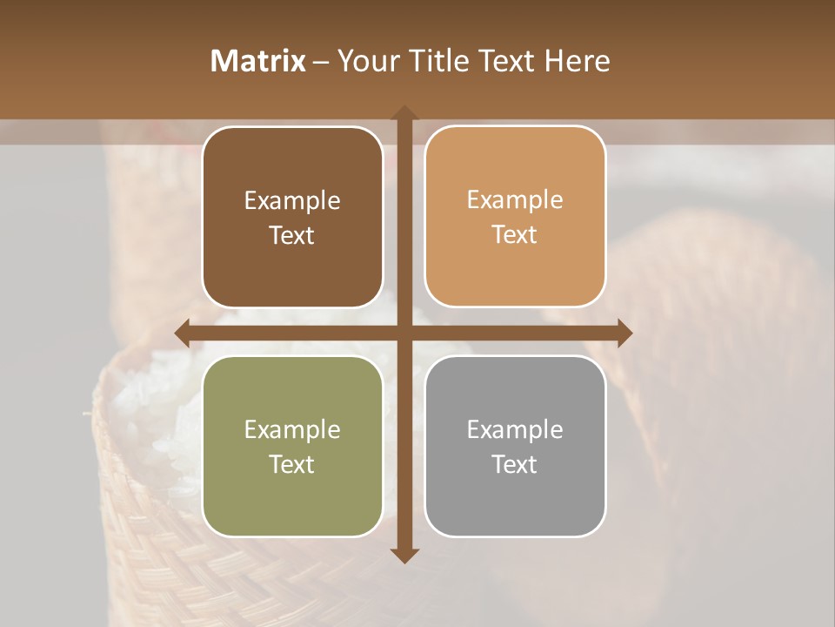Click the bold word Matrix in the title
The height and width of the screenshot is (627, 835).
coord(258,61)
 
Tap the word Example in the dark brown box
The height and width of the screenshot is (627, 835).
coord(292,201)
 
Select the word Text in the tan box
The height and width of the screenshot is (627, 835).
coord(515,235)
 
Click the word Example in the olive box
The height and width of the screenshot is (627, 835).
coord(292,430)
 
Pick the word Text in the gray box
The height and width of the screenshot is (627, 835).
coord(515,465)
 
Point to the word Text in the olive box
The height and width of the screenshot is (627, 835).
coord(292,465)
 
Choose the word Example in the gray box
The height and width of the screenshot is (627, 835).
coord(515,430)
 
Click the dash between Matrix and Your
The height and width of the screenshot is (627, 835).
coord(321,62)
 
